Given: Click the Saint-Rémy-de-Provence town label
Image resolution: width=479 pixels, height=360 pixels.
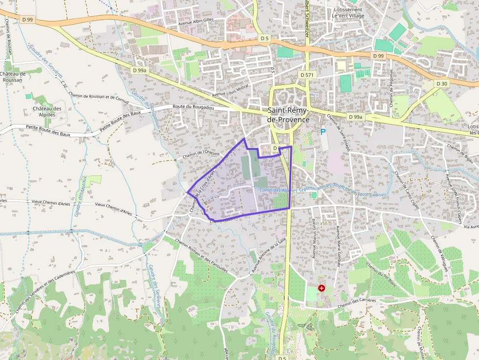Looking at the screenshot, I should click(x=288, y=115).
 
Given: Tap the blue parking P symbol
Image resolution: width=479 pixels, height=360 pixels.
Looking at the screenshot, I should click(x=323, y=132).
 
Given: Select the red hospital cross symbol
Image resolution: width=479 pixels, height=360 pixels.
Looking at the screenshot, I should click(x=322, y=288).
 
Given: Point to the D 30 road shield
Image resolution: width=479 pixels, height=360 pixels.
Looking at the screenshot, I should click(x=441, y=84).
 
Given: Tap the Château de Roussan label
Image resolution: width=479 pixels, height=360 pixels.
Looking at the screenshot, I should click(x=13, y=77).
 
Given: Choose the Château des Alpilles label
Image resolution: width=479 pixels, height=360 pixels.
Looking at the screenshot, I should click(x=47, y=111).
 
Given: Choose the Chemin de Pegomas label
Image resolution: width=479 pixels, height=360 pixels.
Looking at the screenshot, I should click(x=392, y=88).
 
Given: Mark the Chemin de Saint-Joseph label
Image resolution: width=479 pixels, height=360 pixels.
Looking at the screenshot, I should click(x=338, y=133).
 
